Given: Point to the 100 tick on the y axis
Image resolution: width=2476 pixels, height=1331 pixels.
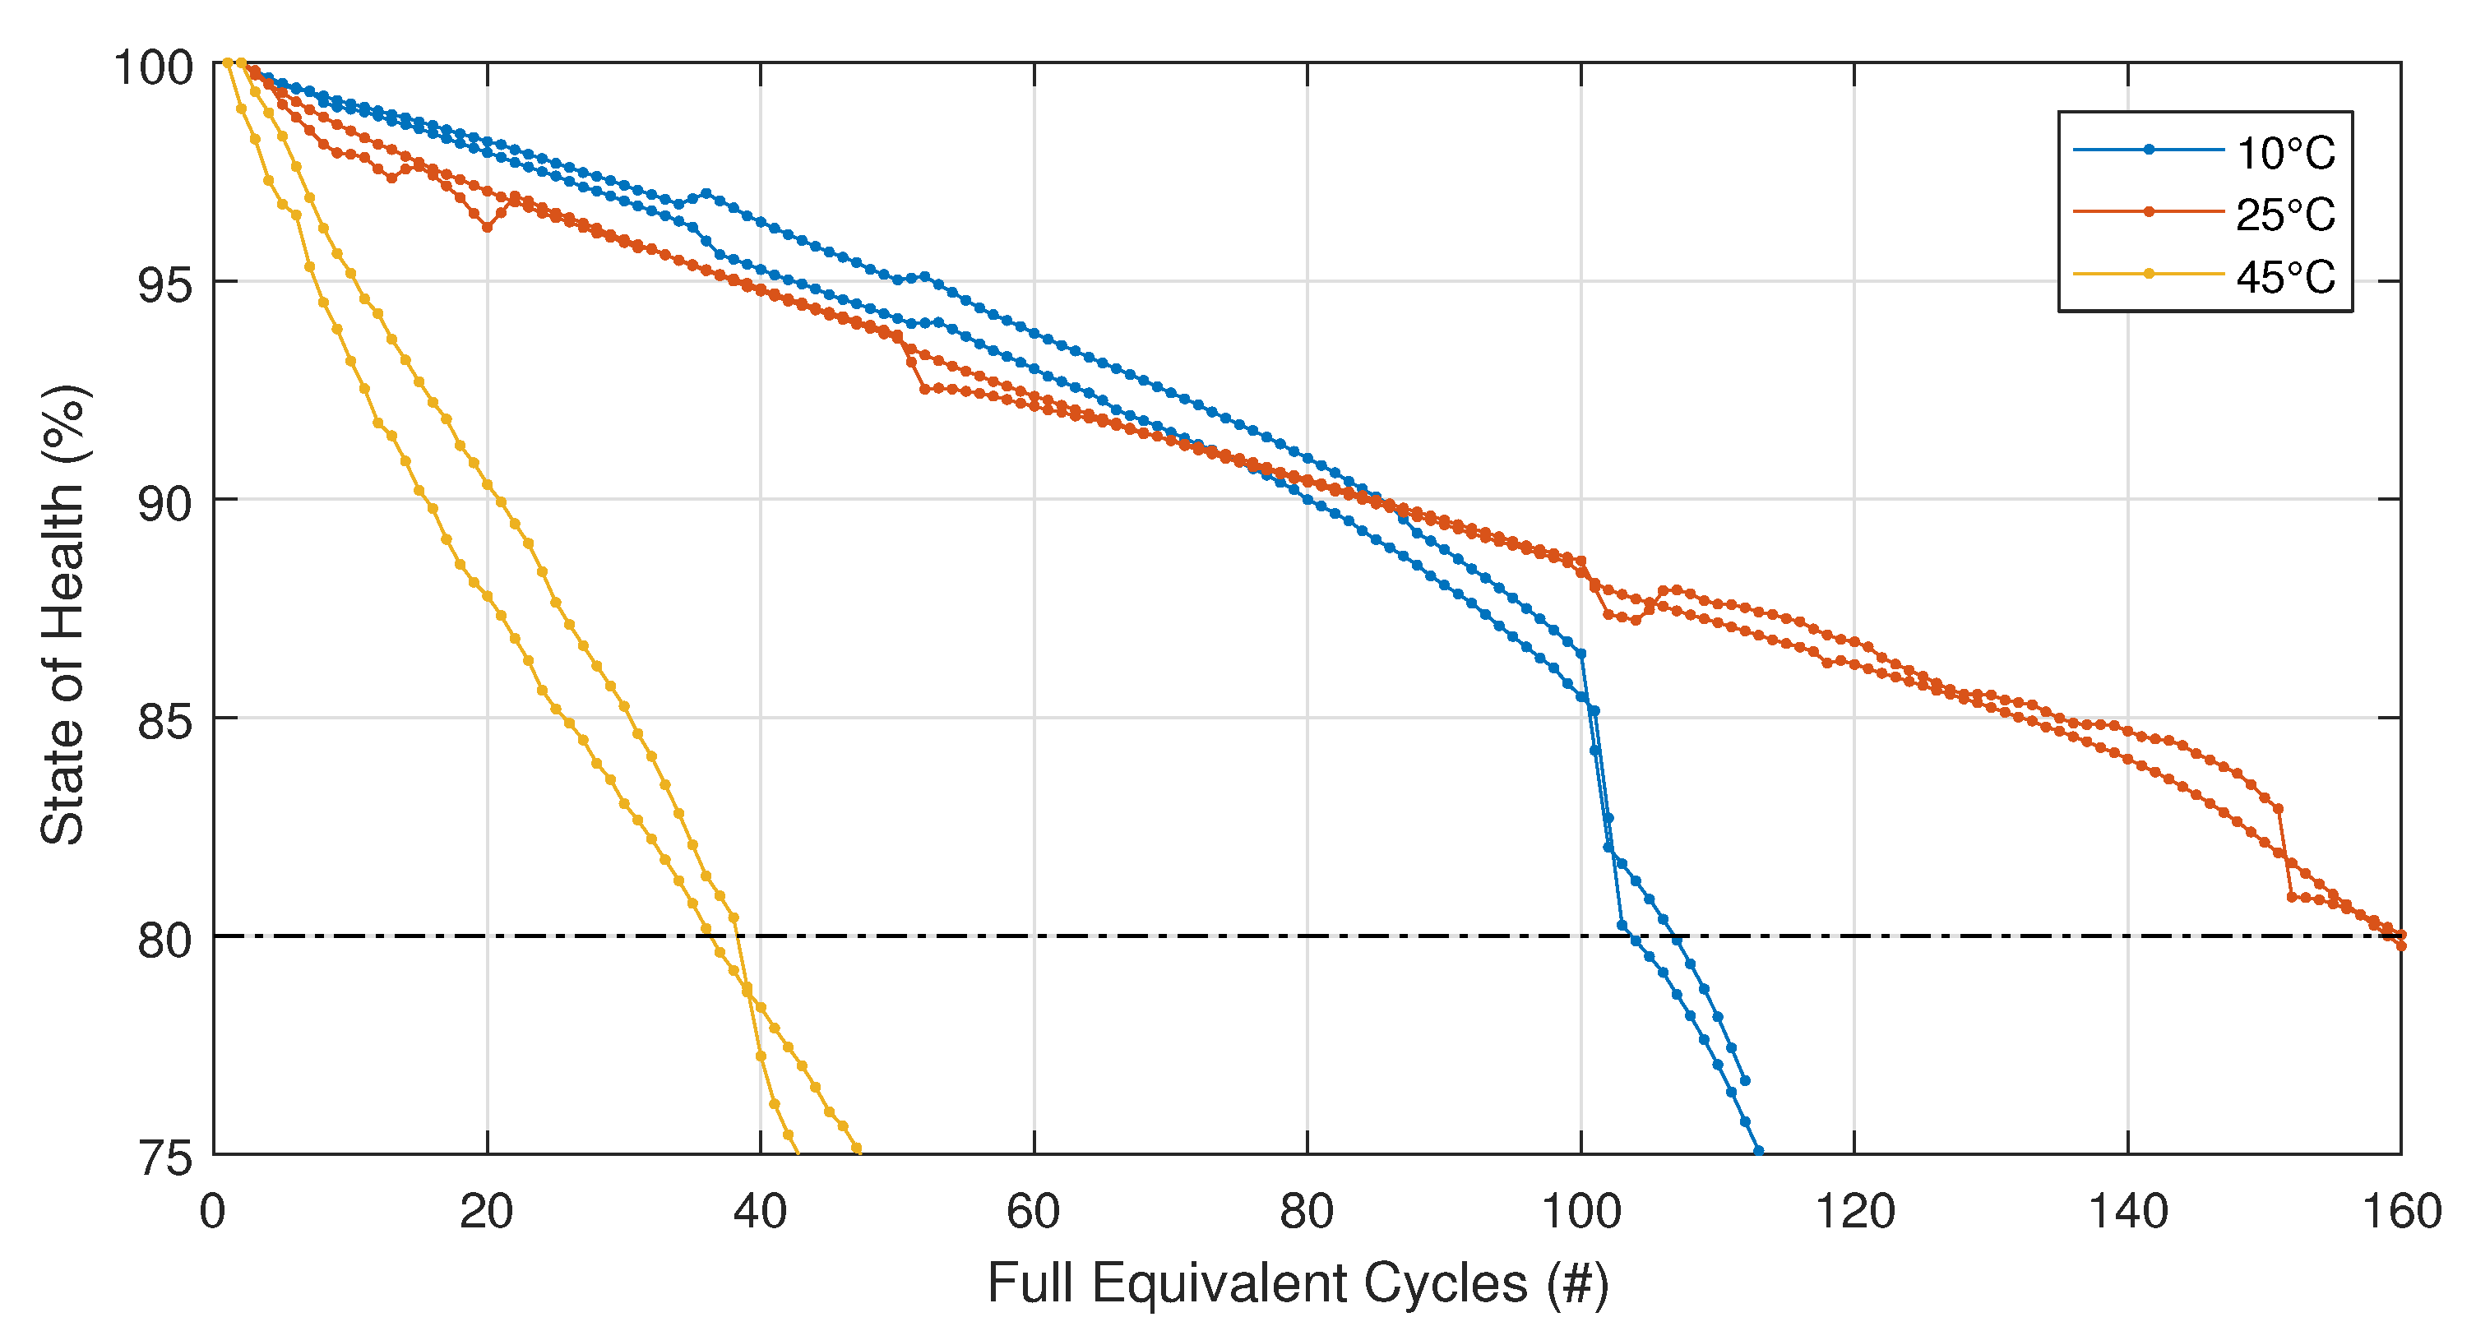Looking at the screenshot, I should [x=154, y=67].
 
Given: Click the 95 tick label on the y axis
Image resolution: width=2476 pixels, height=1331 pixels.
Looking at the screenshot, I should [x=165, y=285].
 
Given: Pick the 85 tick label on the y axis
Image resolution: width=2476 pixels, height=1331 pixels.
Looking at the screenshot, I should [x=165, y=722].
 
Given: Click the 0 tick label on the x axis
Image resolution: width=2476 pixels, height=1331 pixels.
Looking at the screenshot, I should [x=212, y=1211].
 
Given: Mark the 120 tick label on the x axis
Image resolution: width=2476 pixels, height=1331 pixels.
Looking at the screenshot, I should [x=1854, y=1211].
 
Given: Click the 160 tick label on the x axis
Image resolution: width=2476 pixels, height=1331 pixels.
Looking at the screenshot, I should [x=2401, y=1211].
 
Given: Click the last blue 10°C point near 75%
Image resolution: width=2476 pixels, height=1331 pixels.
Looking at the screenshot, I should [x=1758, y=1150].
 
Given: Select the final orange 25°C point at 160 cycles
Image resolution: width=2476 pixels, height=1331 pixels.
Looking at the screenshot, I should [x=2401, y=945].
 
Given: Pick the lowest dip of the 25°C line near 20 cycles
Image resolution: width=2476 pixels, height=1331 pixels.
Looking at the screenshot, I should [x=488, y=228].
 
